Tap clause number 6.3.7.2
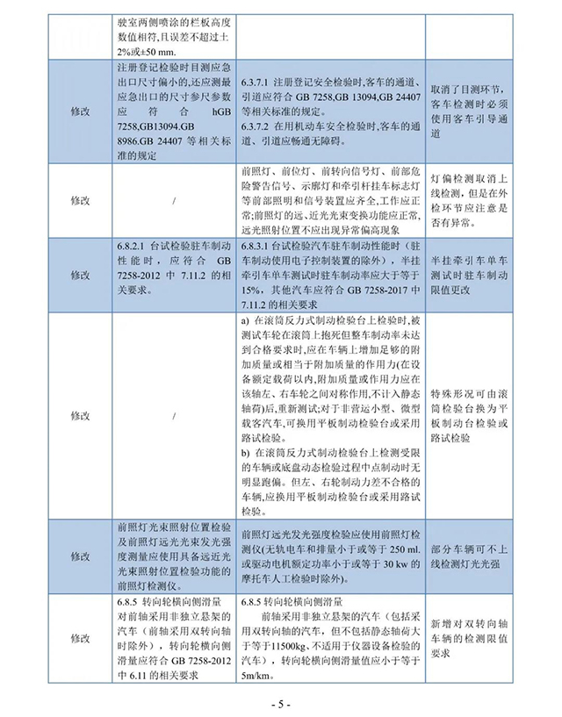pos(259,129)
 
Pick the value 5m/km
pos(256,676)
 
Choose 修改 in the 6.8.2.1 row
pos(80,274)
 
